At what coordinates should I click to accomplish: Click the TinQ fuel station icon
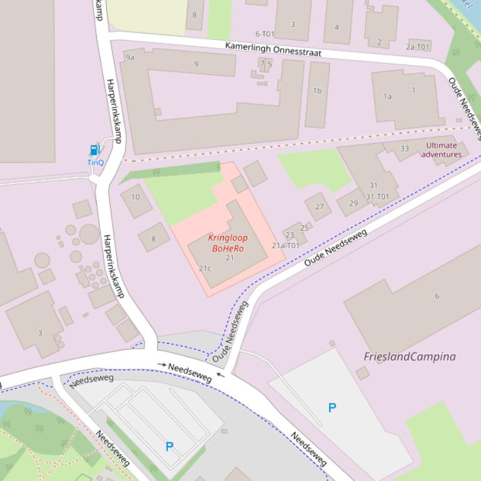(x=94, y=150)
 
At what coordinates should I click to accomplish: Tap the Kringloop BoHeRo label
(x=227, y=243)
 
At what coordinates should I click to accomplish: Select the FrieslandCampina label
(x=409, y=357)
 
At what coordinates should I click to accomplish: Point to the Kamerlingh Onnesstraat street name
(x=273, y=49)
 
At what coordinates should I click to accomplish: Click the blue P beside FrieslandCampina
(x=332, y=408)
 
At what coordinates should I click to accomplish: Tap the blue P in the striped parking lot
(x=169, y=447)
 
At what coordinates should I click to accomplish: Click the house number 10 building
(x=136, y=197)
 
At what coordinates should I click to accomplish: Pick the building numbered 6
(x=437, y=295)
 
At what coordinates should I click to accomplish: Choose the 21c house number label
(x=205, y=269)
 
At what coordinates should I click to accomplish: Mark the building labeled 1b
(x=317, y=91)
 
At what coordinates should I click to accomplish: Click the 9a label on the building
(x=130, y=57)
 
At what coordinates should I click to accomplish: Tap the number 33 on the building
(x=405, y=149)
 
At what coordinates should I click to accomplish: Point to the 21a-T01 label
(x=285, y=245)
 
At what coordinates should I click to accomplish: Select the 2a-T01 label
(x=418, y=47)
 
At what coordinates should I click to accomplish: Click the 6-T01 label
(x=265, y=34)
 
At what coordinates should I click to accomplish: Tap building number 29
(x=354, y=203)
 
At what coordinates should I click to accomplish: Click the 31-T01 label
(x=377, y=196)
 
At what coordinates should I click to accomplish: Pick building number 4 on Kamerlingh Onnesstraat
(x=337, y=27)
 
